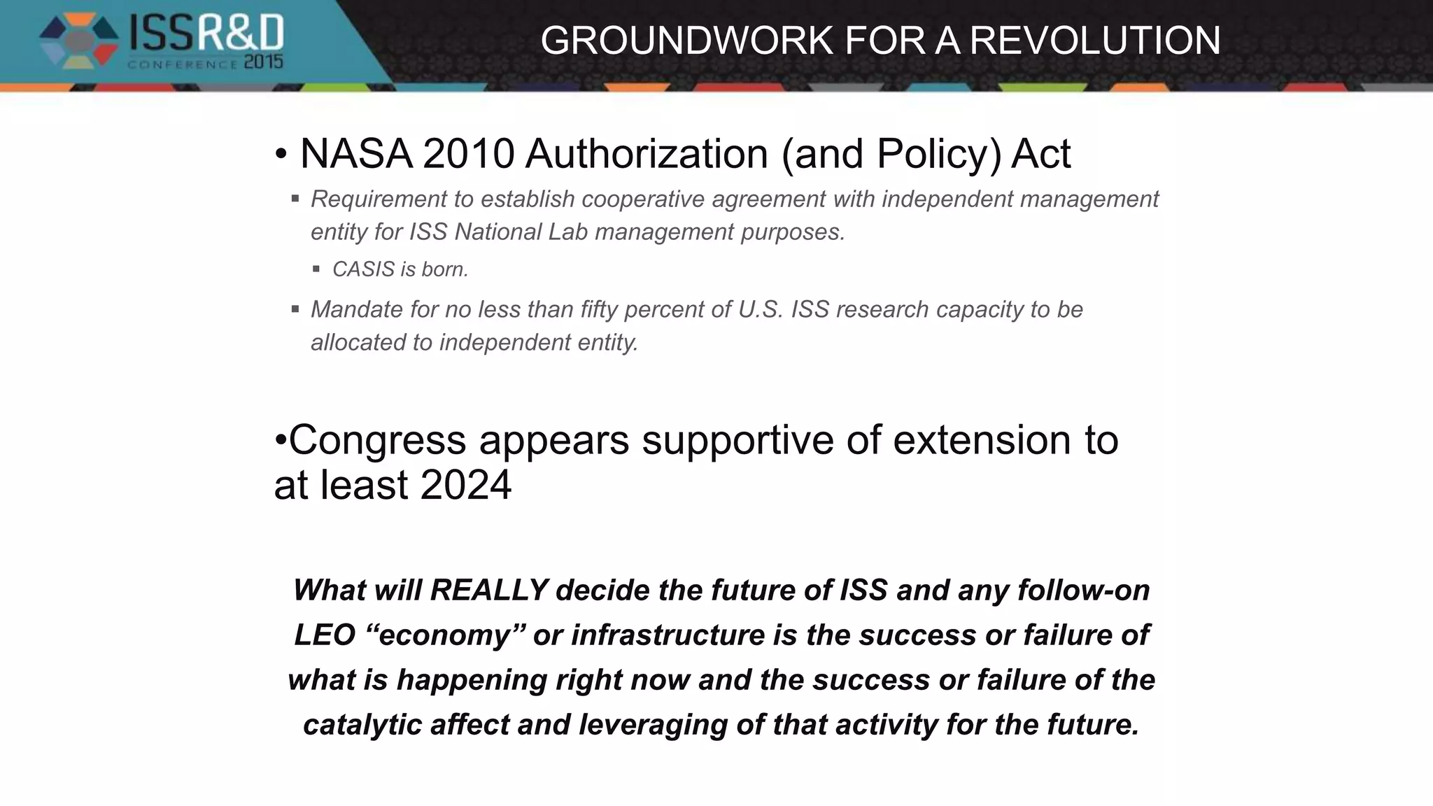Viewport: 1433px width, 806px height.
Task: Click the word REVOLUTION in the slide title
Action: pyautogui.click(x=1095, y=40)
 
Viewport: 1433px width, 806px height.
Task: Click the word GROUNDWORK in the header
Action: pyautogui.click(x=687, y=40)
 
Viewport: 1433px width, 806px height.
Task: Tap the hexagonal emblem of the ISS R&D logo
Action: pyautogui.click(x=78, y=41)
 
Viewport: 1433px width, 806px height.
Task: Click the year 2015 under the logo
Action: pyautogui.click(x=263, y=63)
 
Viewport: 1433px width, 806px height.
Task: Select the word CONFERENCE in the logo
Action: pyautogui.click(x=183, y=64)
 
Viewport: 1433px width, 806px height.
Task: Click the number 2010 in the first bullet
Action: pyautogui.click(x=468, y=153)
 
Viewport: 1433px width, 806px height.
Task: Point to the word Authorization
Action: pyautogui.click(x=647, y=153)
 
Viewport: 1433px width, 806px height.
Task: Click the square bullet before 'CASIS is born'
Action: pyautogui.click(x=316, y=269)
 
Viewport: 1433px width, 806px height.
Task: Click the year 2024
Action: pyautogui.click(x=466, y=485)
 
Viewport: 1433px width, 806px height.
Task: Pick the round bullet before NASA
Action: pyautogui.click(x=281, y=155)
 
